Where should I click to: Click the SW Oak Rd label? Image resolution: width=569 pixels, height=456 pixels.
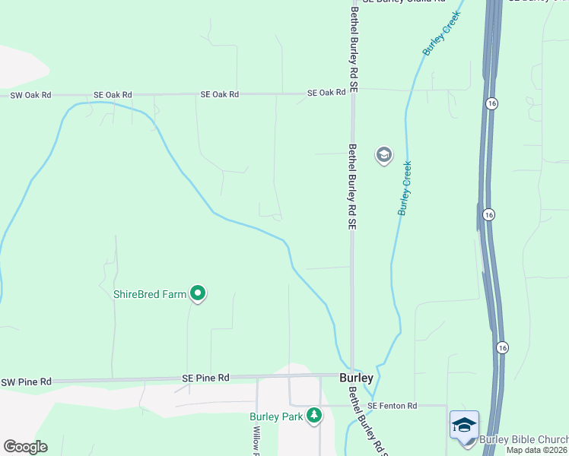click(30, 95)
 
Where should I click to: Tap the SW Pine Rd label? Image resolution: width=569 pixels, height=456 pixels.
click(26, 382)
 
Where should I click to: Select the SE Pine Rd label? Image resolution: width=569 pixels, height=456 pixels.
click(205, 378)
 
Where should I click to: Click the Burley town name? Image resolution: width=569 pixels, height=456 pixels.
click(356, 378)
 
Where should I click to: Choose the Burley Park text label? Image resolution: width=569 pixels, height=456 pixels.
click(276, 416)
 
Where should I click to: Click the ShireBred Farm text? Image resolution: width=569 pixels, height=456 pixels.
click(149, 294)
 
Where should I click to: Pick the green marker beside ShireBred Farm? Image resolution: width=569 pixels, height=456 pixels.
click(198, 293)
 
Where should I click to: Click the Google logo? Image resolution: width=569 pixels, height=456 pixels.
click(25, 447)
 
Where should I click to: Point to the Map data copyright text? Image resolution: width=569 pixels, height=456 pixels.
click(537, 450)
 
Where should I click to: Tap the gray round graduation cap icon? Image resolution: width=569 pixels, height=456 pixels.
click(384, 156)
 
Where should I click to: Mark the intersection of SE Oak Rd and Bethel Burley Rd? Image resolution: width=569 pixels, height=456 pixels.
click(352, 93)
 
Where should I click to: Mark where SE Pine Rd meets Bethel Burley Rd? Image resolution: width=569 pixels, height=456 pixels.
click(351, 375)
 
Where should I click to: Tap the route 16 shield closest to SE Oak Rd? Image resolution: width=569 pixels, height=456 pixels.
click(493, 102)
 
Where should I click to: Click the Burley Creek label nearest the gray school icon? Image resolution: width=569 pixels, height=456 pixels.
click(405, 188)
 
